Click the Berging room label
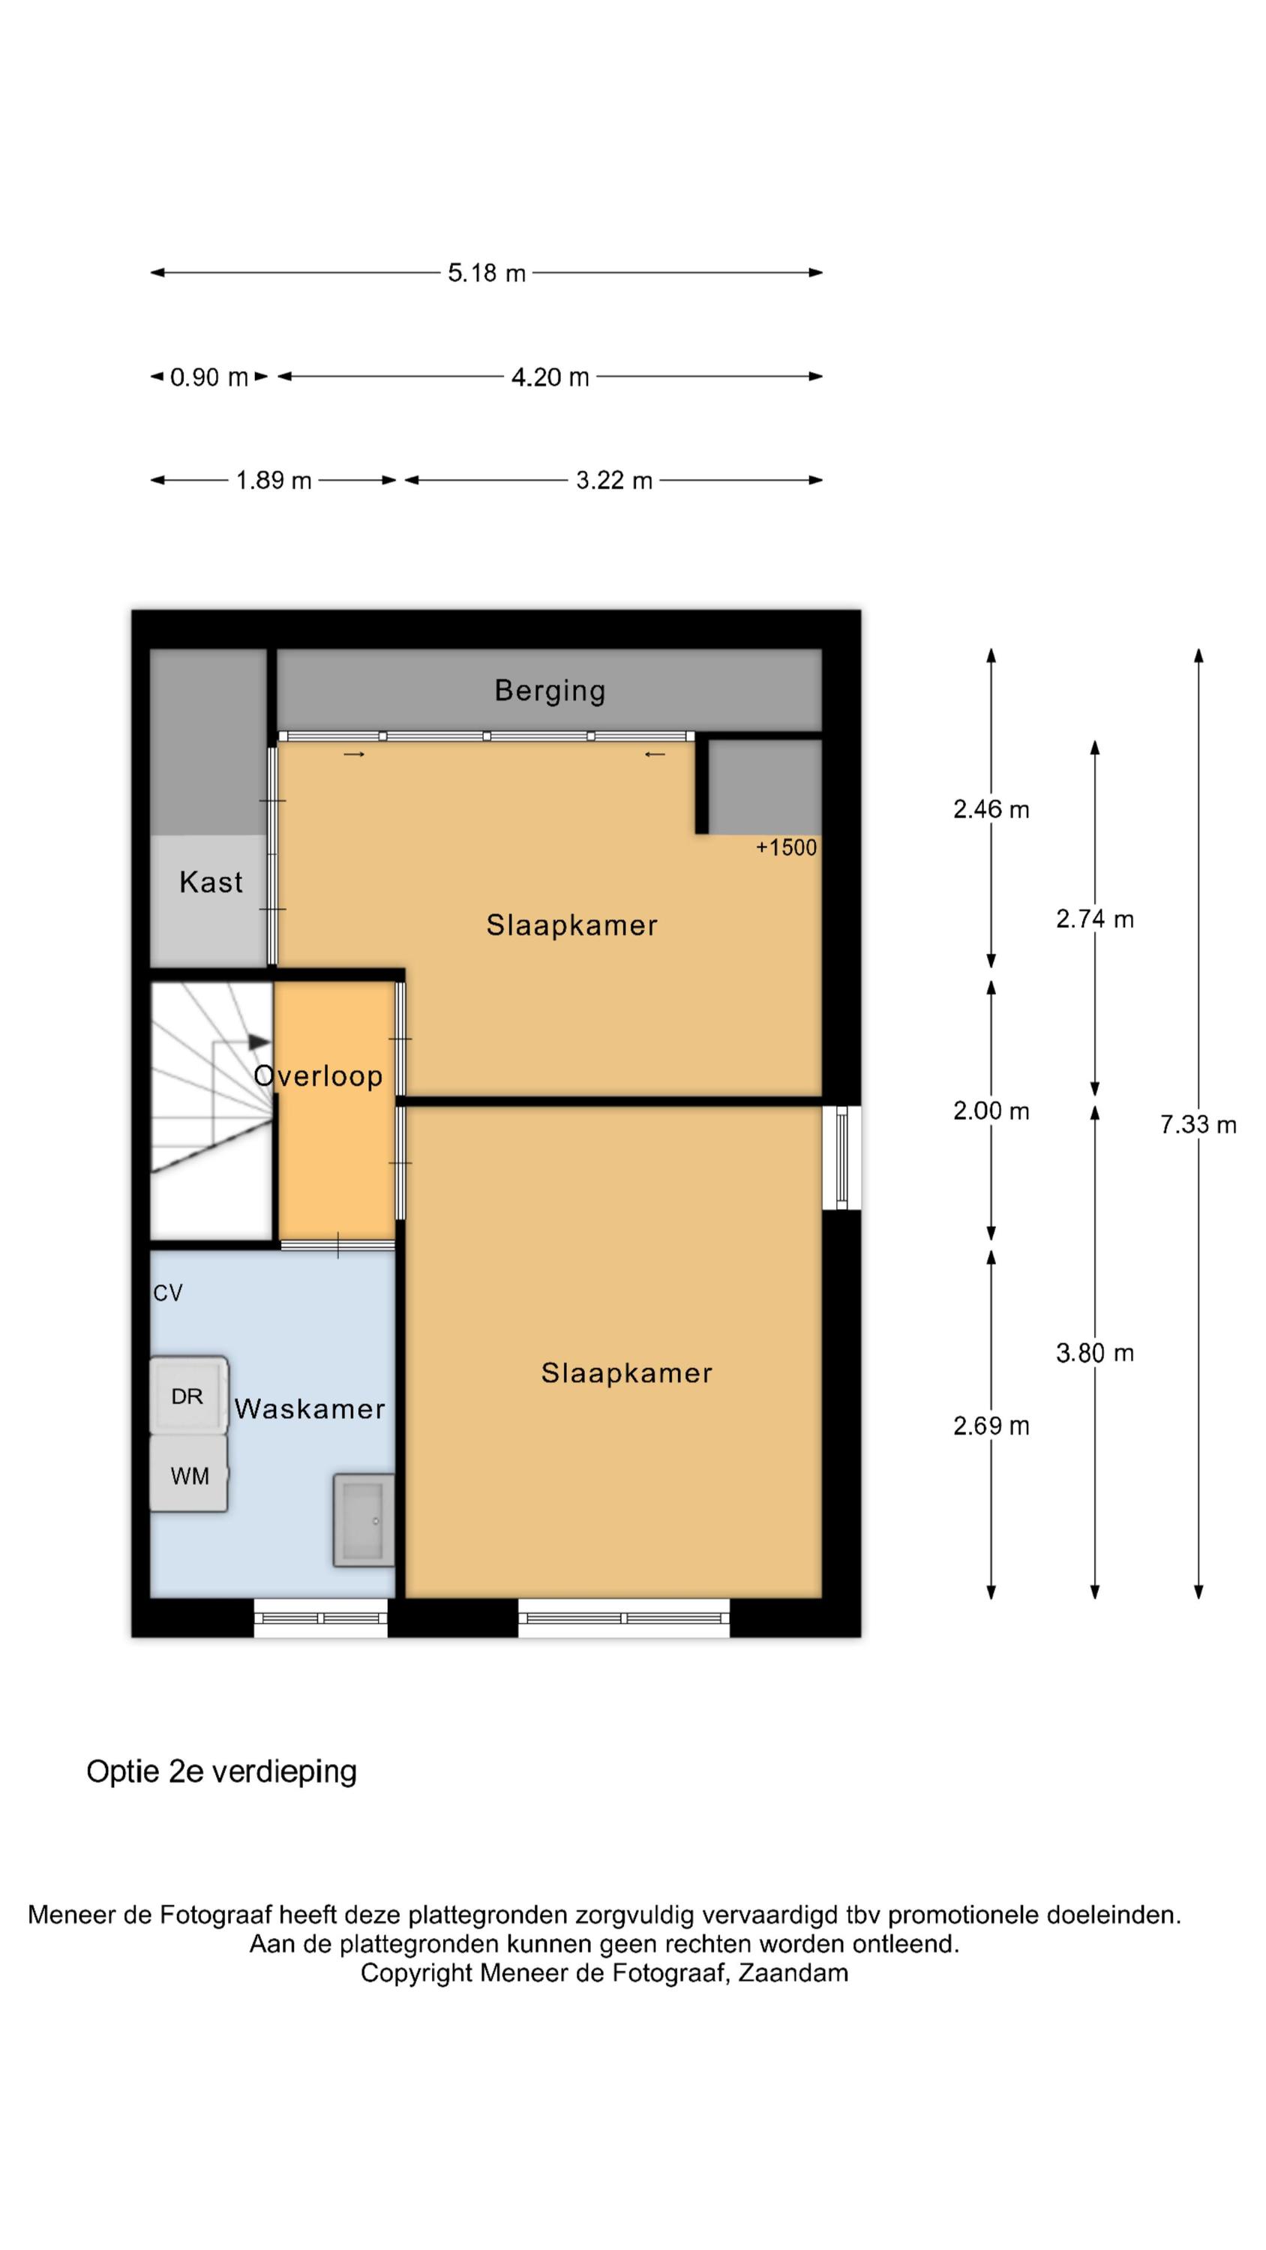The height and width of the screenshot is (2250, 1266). pyautogui.click(x=550, y=691)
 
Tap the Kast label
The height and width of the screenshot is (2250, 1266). pyautogui.click(x=211, y=882)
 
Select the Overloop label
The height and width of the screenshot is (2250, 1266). pyautogui.click(x=318, y=1075)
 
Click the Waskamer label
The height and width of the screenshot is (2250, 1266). pyautogui.click(x=309, y=1408)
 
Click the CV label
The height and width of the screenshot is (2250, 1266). pyautogui.click(x=168, y=1293)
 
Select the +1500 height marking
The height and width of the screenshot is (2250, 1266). pyautogui.click(x=786, y=847)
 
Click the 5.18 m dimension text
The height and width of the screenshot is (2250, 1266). pyautogui.click(x=487, y=274)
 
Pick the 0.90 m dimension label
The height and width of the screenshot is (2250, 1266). pyautogui.click(x=208, y=377)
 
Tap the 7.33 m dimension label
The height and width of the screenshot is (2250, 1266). pyautogui.click(x=1198, y=1125)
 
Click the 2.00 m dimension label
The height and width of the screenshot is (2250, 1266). pyautogui.click(x=991, y=1111)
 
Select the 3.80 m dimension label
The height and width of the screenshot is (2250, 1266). pyautogui.click(x=1095, y=1353)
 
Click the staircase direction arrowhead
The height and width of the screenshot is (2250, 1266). pyautogui.click(x=259, y=1041)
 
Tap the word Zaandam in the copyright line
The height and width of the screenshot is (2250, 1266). pyautogui.click(x=793, y=1973)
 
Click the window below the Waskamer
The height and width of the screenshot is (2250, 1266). pyautogui.click(x=321, y=1618)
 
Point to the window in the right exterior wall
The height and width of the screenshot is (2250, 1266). pyautogui.click(x=842, y=1157)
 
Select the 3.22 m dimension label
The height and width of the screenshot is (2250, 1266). pyautogui.click(x=614, y=481)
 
